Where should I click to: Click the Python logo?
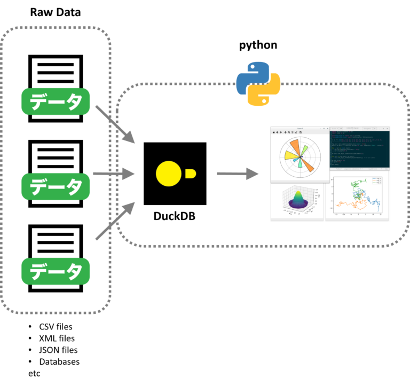258,84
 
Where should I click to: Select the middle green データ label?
56,186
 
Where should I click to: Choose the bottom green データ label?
56,271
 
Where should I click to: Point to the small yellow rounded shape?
190,174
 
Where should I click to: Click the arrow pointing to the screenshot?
238,174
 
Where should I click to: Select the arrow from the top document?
115,124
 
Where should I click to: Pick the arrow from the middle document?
114,174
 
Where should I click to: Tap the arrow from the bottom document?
115,222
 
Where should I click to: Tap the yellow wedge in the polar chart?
289,155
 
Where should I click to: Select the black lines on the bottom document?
56,242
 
